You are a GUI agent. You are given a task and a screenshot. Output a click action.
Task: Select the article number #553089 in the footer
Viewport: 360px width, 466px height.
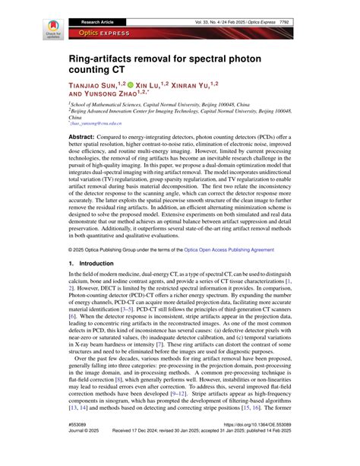pos(81,445)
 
